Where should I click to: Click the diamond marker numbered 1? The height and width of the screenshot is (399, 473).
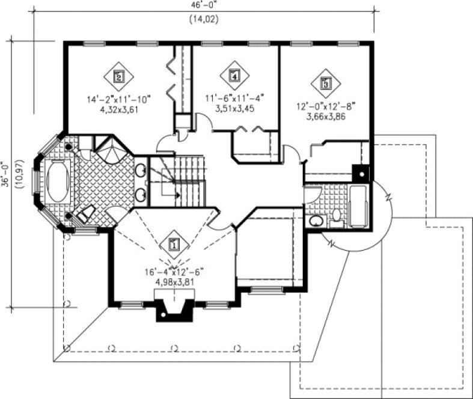coord(174,245)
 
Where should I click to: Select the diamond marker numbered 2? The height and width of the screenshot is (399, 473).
coord(118,76)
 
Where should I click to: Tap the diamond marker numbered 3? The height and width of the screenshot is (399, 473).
coord(326,84)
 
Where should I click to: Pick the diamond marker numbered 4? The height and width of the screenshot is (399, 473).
coord(234,75)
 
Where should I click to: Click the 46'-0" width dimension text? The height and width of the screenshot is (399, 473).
coord(204,5)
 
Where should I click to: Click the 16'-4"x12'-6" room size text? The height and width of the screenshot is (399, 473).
coord(173,272)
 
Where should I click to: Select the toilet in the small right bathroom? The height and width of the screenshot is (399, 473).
coord(337,217)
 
